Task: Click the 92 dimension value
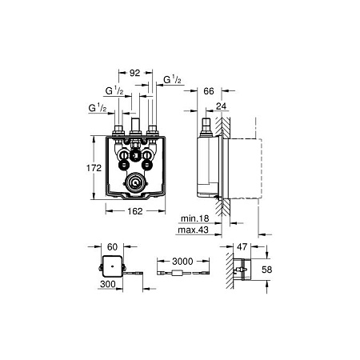click(x=134, y=73)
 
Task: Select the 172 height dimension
click(x=94, y=168)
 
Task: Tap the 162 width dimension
click(x=135, y=211)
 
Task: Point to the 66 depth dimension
click(x=209, y=91)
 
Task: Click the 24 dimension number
click(x=221, y=106)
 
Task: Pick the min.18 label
click(x=195, y=218)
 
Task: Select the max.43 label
click(x=193, y=230)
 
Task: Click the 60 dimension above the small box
click(x=112, y=247)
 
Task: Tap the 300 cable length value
click(x=108, y=284)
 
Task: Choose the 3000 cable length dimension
click(x=182, y=262)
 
